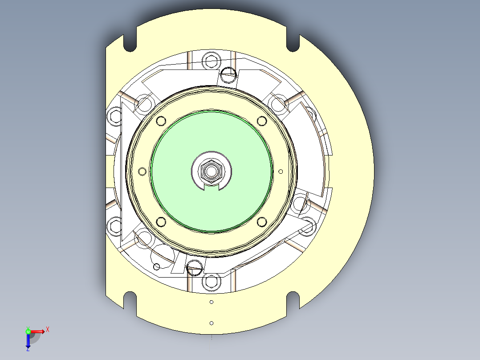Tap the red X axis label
point(48,330)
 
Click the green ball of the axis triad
point(28,331)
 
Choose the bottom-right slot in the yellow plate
point(293,298)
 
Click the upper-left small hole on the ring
point(160,121)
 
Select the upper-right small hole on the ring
point(262,120)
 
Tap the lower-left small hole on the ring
point(161,221)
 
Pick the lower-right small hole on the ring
point(262,221)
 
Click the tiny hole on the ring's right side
point(281,171)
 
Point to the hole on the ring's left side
point(142,171)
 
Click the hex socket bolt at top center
point(212,60)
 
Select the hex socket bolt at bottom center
point(211,282)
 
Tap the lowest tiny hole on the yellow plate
point(212,323)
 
